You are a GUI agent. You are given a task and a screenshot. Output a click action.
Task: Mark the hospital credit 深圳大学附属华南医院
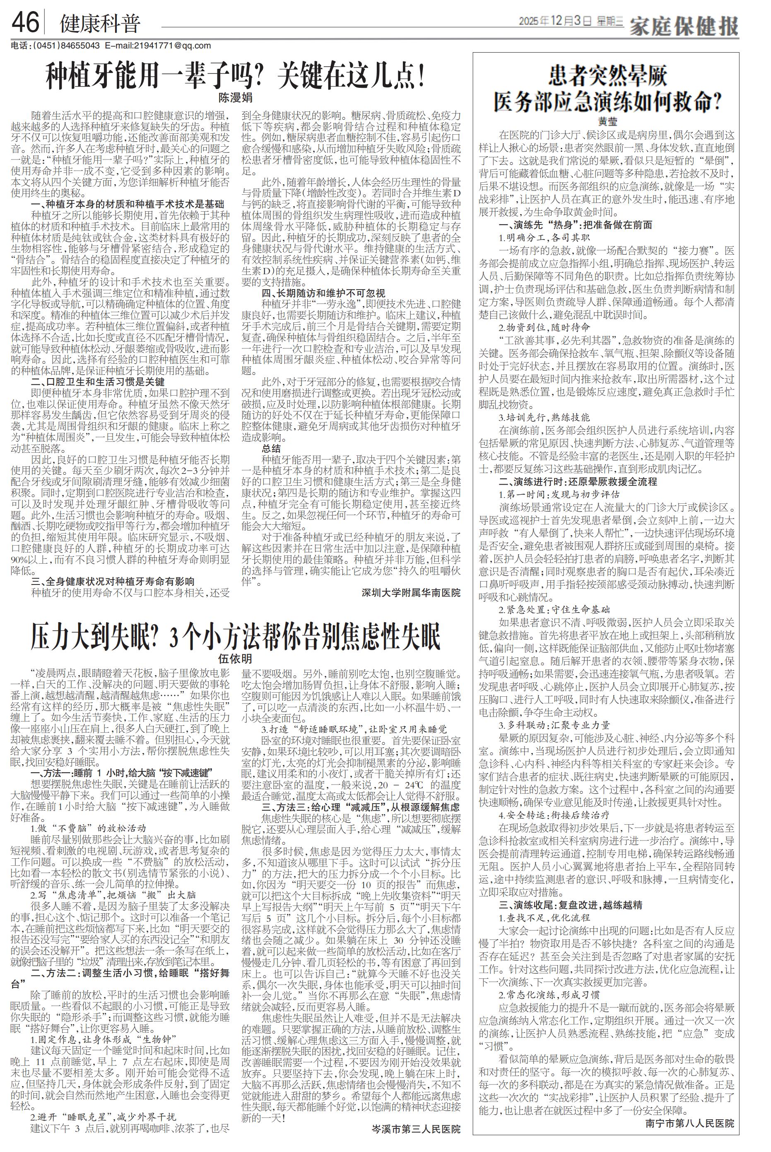pyautogui.click(x=411, y=593)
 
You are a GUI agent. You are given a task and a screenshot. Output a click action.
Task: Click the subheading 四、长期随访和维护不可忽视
pyautogui.click(x=323, y=293)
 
